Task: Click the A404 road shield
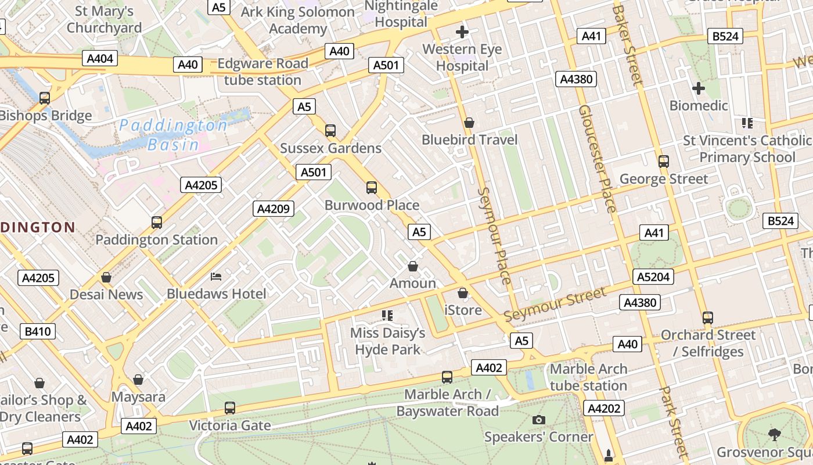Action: pyautogui.click(x=100, y=58)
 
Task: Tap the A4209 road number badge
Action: pyautogui.click(x=273, y=209)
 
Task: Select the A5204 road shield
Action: pyautogui.click(x=653, y=277)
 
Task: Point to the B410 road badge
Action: pyautogui.click(x=38, y=332)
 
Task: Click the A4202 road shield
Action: pyautogui.click(x=604, y=409)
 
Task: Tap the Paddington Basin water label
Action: pyautogui.click(x=173, y=135)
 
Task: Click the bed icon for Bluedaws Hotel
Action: pyautogui.click(x=216, y=276)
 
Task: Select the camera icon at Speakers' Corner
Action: pyautogui.click(x=538, y=420)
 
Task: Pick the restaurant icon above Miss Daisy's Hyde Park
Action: pyautogui.click(x=387, y=316)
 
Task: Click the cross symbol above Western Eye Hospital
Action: pyautogui.click(x=462, y=32)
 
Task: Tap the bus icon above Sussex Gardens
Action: pyautogui.click(x=330, y=131)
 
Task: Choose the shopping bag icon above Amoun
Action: pyautogui.click(x=413, y=266)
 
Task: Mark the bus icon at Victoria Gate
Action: pyautogui.click(x=230, y=408)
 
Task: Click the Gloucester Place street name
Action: pyautogui.click(x=597, y=159)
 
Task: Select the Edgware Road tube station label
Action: pyautogui.click(x=262, y=71)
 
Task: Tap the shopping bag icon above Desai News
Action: pyautogui.click(x=106, y=277)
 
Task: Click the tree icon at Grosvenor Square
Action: pyautogui.click(x=774, y=434)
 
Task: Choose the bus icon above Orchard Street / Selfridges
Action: pyautogui.click(x=707, y=318)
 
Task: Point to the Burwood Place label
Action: pyautogui.click(x=372, y=205)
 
